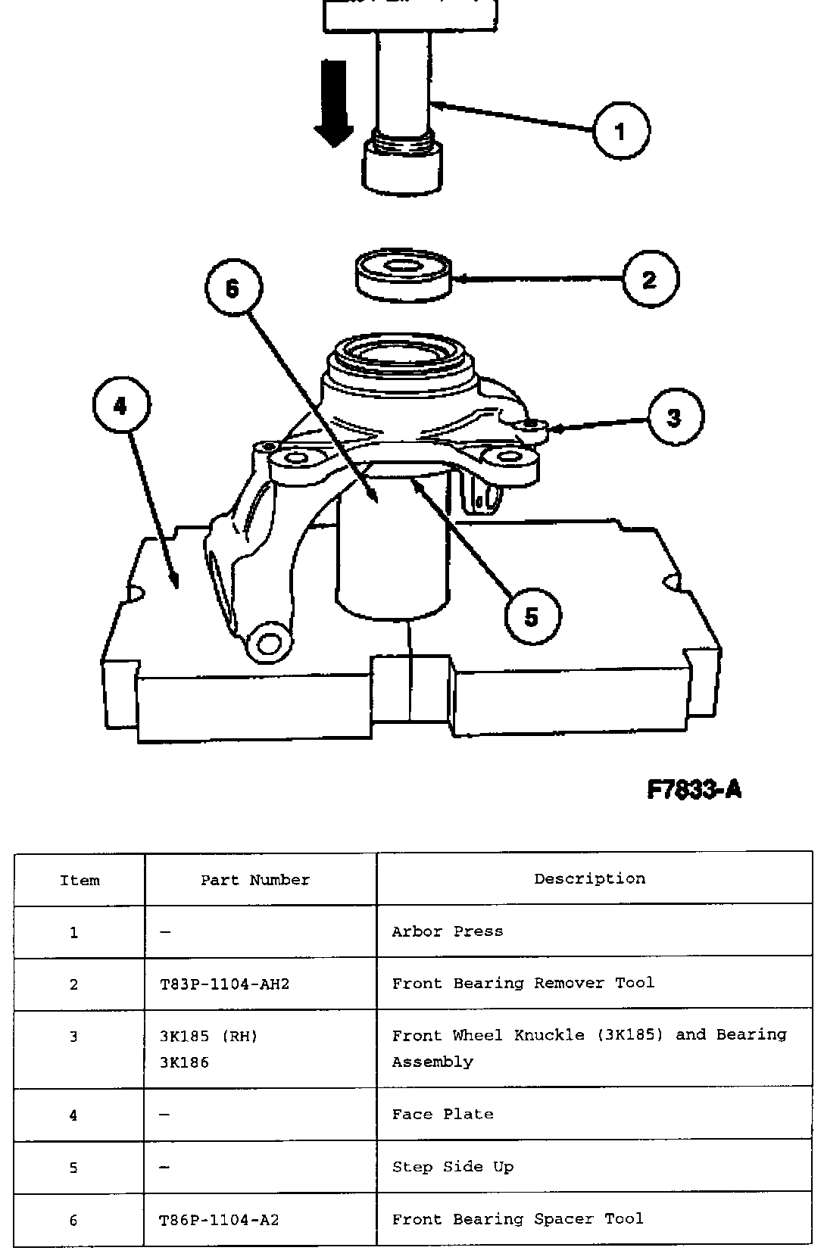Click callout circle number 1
tap(621, 131)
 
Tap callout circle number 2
tap(651, 279)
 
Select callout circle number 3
tap(675, 417)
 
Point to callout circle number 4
tap(121, 406)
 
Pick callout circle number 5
tap(532, 616)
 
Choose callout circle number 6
tap(233, 288)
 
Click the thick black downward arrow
tap(334, 104)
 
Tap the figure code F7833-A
tap(694, 791)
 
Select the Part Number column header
tap(255, 880)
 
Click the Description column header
tap(590, 878)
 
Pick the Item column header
tap(80, 880)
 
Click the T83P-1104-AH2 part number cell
tap(225, 984)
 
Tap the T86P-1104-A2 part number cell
tap(220, 1220)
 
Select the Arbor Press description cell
tap(448, 931)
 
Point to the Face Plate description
tap(443, 1114)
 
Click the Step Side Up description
tap(453, 1167)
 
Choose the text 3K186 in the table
tap(184, 1062)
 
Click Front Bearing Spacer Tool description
tap(518, 1219)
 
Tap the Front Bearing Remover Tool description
tap(523, 983)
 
